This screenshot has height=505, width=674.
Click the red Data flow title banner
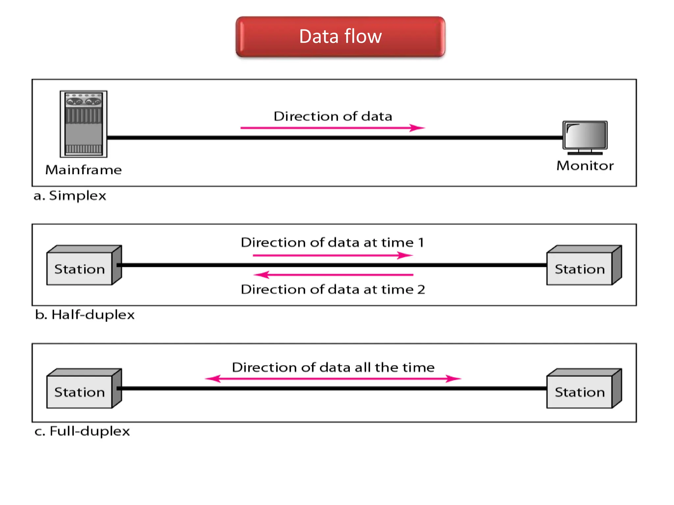tap(340, 36)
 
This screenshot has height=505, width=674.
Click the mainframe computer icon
tap(84, 124)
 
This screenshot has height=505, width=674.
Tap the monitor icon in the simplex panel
tap(585, 137)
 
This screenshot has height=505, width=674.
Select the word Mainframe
tap(84, 170)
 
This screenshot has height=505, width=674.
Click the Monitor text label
tap(585, 166)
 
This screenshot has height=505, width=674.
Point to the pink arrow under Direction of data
tap(332, 128)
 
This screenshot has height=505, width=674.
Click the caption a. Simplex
tap(70, 196)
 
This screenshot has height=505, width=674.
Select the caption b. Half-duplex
tap(85, 315)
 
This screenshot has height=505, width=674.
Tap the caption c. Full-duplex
tap(82, 431)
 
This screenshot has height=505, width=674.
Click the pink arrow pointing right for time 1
tap(332, 255)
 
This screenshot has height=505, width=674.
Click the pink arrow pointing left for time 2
tap(332, 275)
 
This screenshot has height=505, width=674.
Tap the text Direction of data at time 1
tap(332, 242)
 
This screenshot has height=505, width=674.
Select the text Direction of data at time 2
tap(332, 289)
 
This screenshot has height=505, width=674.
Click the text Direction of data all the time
tap(333, 367)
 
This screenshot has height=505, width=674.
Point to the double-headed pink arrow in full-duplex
tap(333, 379)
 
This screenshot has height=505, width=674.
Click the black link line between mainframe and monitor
tap(332, 137)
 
